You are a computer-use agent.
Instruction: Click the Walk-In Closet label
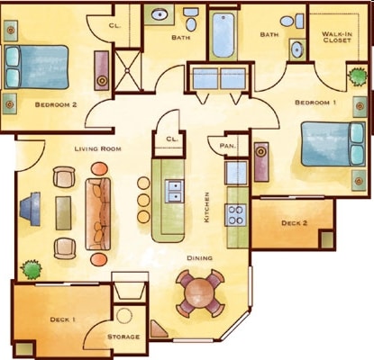click(337, 37)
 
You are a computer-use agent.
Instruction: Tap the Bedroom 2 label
click(56, 104)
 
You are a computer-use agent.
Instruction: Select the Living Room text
click(98, 148)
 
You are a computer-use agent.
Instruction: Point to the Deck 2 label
click(294, 223)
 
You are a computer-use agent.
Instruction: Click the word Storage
click(123, 337)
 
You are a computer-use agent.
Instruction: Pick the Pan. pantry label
click(228, 146)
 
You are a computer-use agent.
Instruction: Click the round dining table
click(199, 293)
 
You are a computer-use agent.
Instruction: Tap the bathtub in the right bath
click(223, 35)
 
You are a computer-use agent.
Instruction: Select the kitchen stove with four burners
click(237, 215)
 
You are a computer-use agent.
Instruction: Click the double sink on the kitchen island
click(174, 191)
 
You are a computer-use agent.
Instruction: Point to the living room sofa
click(98, 214)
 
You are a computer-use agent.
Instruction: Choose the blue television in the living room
click(31, 209)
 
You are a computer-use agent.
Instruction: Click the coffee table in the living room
click(63, 213)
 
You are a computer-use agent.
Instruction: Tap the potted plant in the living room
click(31, 269)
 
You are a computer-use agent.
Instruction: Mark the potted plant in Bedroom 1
click(358, 76)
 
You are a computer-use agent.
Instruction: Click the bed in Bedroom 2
click(36, 67)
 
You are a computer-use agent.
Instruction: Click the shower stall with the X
click(127, 70)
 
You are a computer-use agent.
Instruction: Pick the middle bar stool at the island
click(144, 200)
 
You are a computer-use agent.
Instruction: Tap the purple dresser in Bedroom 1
click(261, 162)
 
